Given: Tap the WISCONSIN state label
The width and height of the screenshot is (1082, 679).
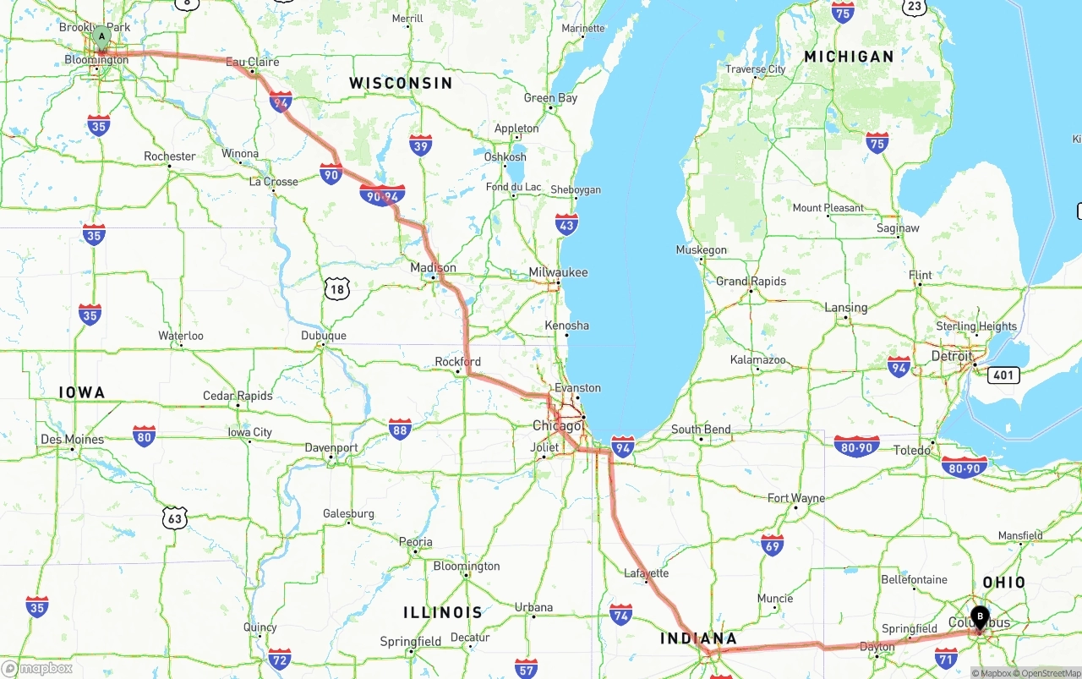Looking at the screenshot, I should (x=401, y=83).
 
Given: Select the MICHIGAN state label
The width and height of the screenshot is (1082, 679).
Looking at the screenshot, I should (x=849, y=57).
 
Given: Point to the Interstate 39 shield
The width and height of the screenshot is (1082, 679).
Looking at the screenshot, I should (x=421, y=145).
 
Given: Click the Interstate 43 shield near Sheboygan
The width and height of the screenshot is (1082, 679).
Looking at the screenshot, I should (x=567, y=224).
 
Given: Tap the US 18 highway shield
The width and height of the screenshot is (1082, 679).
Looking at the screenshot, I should (x=337, y=290).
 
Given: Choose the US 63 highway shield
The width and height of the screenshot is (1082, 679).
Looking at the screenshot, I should (x=174, y=517).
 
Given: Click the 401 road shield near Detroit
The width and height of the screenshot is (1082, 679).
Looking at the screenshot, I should (x=1003, y=375).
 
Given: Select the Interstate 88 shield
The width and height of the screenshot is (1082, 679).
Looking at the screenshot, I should (x=401, y=429).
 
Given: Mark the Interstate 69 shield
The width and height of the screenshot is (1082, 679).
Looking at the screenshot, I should (x=772, y=545).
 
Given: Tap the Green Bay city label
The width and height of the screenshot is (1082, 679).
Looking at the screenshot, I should (x=550, y=98).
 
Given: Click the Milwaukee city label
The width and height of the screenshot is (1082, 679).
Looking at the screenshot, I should (x=558, y=272).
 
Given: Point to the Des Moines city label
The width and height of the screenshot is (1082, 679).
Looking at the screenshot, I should (x=73, y=440).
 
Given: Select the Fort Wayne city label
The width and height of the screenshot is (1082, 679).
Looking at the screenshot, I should (x=795, y=498).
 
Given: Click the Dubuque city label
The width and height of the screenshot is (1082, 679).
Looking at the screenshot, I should (x=324, y=336).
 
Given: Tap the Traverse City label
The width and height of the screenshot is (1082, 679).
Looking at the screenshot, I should (x=756, y=69).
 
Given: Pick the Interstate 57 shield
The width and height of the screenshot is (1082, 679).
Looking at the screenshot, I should (x=526, y=668).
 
